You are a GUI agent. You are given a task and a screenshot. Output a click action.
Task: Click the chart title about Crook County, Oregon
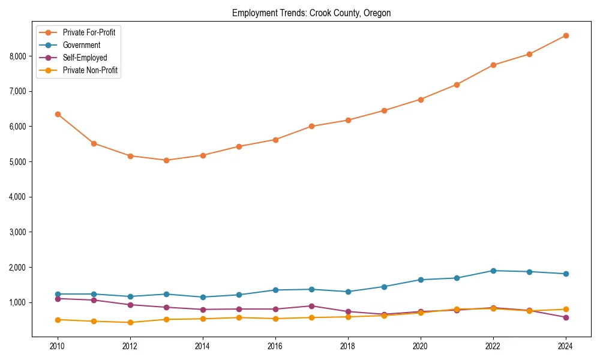tap(311, 13)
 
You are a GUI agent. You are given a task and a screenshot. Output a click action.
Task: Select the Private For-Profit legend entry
tap(89, 32)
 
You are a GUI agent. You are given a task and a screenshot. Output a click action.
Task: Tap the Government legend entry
tap(82, 45)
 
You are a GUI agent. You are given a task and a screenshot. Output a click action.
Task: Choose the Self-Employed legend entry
tap(85, 58)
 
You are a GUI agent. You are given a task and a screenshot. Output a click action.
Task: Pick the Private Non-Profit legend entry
tap(90, 70)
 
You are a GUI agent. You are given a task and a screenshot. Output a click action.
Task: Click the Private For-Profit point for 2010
tap(58, 114)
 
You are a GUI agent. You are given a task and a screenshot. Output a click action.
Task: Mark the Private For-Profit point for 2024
tap(566, 35)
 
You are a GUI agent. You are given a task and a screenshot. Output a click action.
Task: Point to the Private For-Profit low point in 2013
tap(166, 160)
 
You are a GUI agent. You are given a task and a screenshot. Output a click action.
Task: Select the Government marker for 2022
tap(493, 271)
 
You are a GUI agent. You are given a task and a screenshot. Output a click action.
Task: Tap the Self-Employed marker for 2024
tap(566, 317)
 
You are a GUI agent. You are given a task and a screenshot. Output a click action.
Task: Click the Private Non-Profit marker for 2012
tap(130, 322)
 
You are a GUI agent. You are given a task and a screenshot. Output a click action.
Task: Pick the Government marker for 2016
tap(275, 290)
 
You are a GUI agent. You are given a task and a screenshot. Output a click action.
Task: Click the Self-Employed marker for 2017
tap(311, 306)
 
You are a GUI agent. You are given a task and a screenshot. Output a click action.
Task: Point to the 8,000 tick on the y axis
tap(17, 56)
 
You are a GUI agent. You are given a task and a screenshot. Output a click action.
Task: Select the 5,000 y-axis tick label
tap(17, 162)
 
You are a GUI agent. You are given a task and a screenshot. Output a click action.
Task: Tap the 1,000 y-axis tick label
tap(17, 302)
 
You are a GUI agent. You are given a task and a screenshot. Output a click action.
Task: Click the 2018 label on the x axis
tap(348, 346)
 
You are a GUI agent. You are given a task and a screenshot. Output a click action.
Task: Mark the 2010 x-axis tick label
tap(58, 346)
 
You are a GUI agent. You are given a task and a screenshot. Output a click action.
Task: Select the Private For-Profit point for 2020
tap(421, 100)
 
